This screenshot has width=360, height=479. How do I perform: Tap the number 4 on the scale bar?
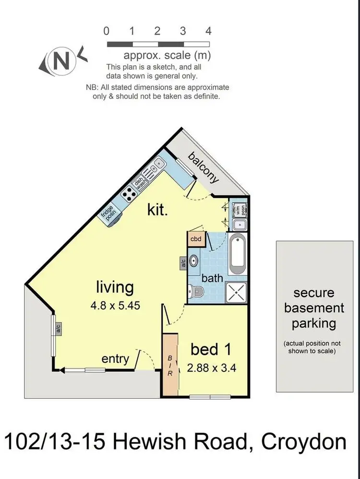point(208,31)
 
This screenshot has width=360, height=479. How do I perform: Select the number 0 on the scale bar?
point(107,31)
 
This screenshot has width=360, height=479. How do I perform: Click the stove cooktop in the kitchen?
point(129,194)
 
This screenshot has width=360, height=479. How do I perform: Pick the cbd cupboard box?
point(196,238)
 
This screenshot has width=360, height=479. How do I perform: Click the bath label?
point(212,278)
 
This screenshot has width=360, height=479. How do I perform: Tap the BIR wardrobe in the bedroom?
point(169,363)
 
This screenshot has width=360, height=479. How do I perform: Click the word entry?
point(115,359)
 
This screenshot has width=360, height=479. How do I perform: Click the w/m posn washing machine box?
point(238,209)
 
